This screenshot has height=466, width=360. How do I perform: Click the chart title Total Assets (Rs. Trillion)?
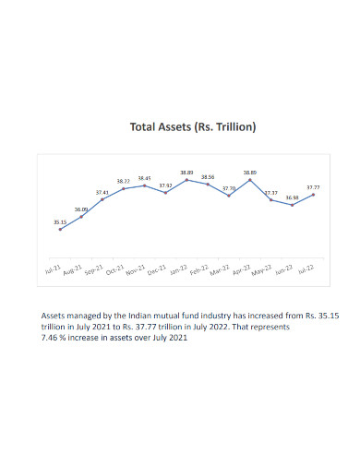point(179,126)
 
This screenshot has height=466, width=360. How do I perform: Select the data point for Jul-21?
point(60,229)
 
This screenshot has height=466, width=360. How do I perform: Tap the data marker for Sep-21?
point(102,199)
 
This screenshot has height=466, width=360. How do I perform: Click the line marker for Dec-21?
point(165,193)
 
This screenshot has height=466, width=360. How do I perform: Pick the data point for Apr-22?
point(250,180)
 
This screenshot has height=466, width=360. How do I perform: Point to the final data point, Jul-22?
point(314,195)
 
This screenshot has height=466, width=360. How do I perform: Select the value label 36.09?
point(82,209)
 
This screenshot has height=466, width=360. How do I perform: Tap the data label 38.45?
point(144,178)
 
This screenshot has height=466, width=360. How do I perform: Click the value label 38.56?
point(208,176)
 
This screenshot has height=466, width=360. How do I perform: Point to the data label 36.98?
point(292,197)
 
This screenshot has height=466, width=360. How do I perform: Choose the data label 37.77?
point(314,186)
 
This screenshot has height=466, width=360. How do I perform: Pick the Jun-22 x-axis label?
point(284,270)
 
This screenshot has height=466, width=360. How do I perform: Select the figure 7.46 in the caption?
point(54,338)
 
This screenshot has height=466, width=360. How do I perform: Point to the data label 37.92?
point(165,185)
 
